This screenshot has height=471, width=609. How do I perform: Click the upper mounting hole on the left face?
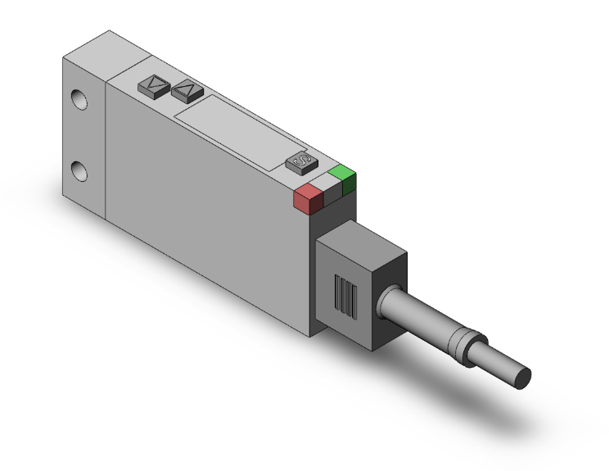(79, 100)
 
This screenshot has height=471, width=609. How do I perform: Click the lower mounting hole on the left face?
(79, 171)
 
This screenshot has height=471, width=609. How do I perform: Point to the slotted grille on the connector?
(347, 297)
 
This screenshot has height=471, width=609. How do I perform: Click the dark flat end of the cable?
(522, 378)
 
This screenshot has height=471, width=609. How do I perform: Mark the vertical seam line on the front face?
(106, 147)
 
